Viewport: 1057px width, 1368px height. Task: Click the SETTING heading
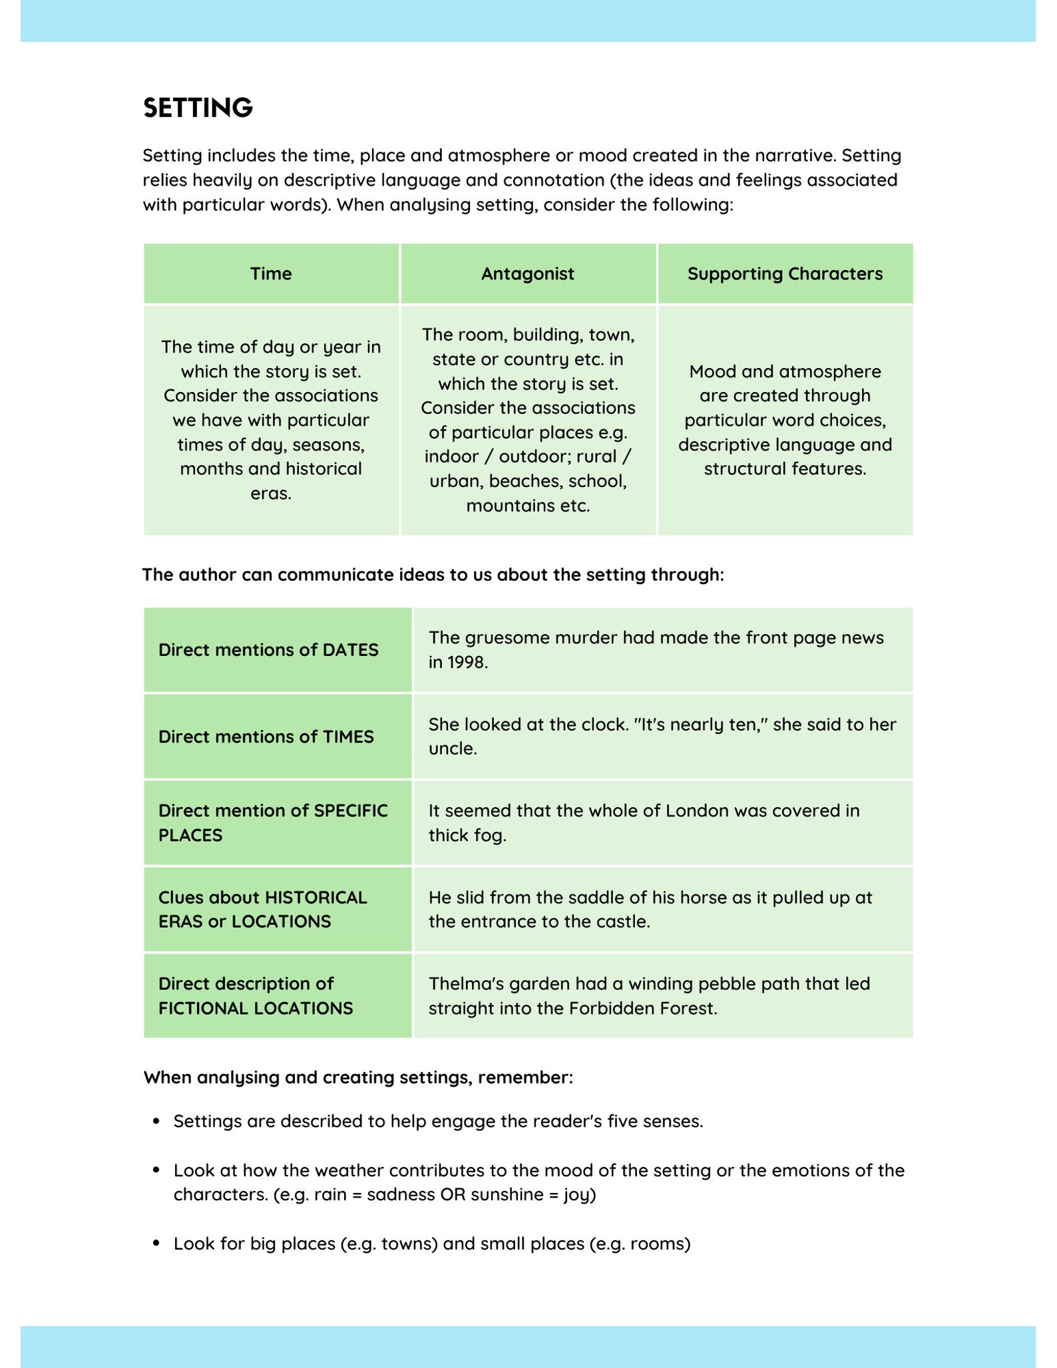pyautogui.click(x=198, y=108)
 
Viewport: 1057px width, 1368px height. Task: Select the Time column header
pyautogui.click(x=271, y=273)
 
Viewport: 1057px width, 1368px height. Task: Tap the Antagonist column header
pyautogui.click(x=527, y=273)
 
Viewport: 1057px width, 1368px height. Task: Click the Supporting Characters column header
pyautogui.click(x=785, y=273)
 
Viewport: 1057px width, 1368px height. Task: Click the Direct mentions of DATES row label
pyautogui.click(x=268, y=649)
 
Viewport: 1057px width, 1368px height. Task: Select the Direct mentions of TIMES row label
pyautogui.click(x=266, y=737)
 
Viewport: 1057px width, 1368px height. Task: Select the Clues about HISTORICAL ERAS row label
pyautogui.click(x=262, y=909)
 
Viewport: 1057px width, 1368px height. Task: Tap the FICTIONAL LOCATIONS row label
pyautogui.click(x=256, y=1008)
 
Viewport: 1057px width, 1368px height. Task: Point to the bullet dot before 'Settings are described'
pyautogui.click(x=156, y=1121)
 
